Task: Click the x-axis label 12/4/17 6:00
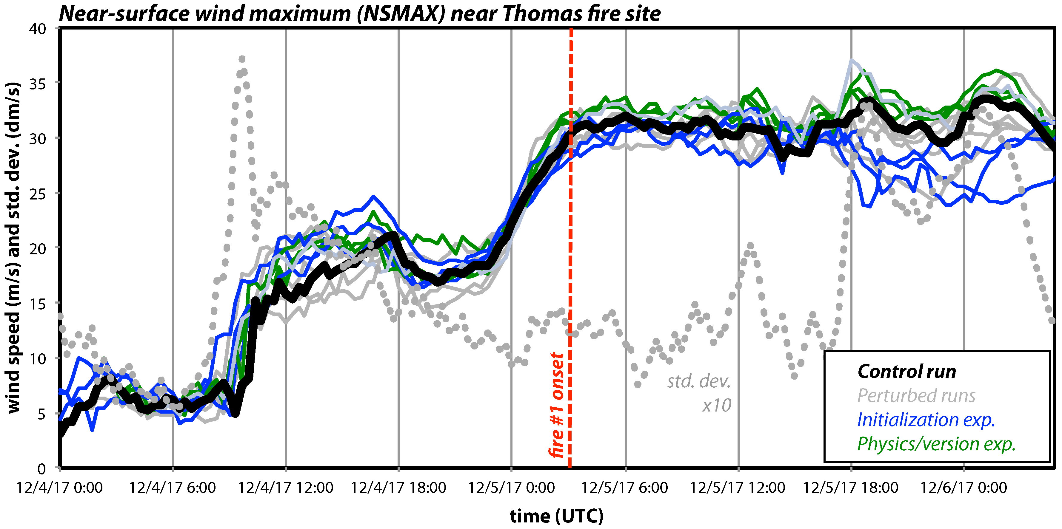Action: click(x=172, y=488)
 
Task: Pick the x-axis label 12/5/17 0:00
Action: click(x=511, y=488)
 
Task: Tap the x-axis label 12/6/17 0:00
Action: click(x=964, y=488)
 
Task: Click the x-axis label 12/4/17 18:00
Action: click(x=398, y=488)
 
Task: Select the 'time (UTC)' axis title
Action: click(x=557, y=516)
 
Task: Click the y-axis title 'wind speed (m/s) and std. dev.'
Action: click(x=13, y=247)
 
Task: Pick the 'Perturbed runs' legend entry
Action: click(x=916, y=395)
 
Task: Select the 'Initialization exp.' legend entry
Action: click(x=926, y=420)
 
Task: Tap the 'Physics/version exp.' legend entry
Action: click(x=936, y=444)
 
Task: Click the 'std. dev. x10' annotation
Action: click(x=699, y=393)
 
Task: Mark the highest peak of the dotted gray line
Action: click(x=242, y=59)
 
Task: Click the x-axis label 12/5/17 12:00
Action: click(x=738, y=488)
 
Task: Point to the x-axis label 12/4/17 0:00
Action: click(x=60, y=488)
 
